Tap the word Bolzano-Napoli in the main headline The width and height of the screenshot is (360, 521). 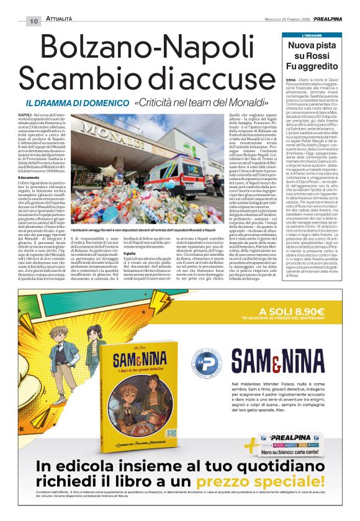click(141, 48)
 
